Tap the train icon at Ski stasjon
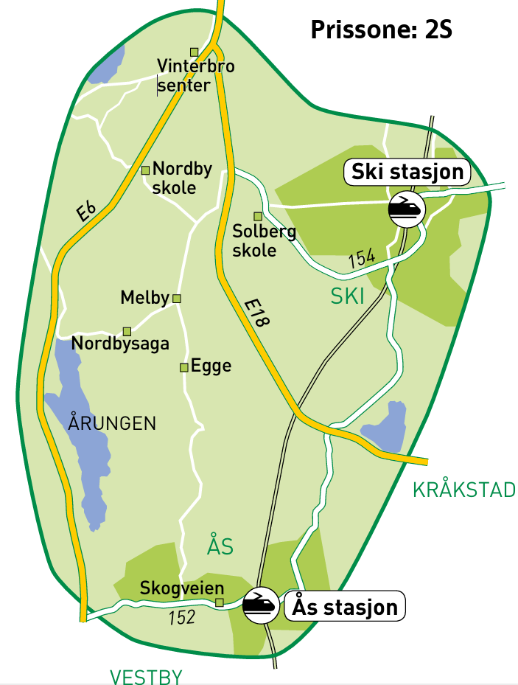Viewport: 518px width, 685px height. point(407,207)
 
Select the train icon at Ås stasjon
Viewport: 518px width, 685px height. point(259,605)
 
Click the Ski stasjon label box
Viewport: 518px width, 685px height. point(407,172)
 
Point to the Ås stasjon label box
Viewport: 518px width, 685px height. point(345,607)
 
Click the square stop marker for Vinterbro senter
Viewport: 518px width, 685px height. point(195,52)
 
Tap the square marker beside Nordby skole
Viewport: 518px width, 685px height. point(145,170)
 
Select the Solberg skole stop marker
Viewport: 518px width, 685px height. point(258,216)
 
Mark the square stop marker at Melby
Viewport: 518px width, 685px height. point(176,299)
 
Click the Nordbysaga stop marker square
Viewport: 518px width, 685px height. point(127,331)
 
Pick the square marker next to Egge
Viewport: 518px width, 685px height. point(183,367)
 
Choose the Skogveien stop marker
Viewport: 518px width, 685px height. point(219,602)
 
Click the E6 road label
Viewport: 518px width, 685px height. point(86,212)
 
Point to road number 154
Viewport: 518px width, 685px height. point(361,257)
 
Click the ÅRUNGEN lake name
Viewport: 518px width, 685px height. point(112,423)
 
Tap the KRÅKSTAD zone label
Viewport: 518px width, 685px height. point(463,490)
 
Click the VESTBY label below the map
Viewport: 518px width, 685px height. point(145,676)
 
